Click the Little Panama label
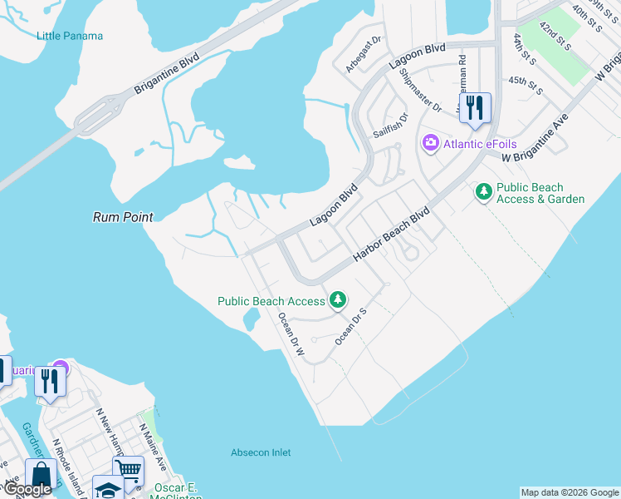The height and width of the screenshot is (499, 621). pyautogui.click(x=71, y=36)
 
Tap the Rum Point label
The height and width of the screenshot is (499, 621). pyautogui.click(x=123, y=217)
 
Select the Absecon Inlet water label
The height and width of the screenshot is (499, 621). pyautogui.click(x=261, y=452)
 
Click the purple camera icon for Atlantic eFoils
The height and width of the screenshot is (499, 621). pyautogui.click(x=430, y=143)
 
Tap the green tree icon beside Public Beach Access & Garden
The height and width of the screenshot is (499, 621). pyautogui.click(x=483, y=193)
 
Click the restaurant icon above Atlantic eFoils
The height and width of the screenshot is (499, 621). pyautogui.click(x=475, y=108)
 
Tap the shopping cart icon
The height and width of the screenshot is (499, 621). pyautogui.click(x=128, y=469)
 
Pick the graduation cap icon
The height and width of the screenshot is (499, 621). pyautogui.click(x=108, y=489)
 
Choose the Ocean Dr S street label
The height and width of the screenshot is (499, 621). pyautogui.click(x=351, y=326)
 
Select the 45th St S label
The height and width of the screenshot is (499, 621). pyautogui.click(x=526, y=85)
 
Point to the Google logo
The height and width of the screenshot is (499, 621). pyautogui.click(x=27, y=489)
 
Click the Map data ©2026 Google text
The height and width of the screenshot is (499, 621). pyautogui.click(x=570, y=492)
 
